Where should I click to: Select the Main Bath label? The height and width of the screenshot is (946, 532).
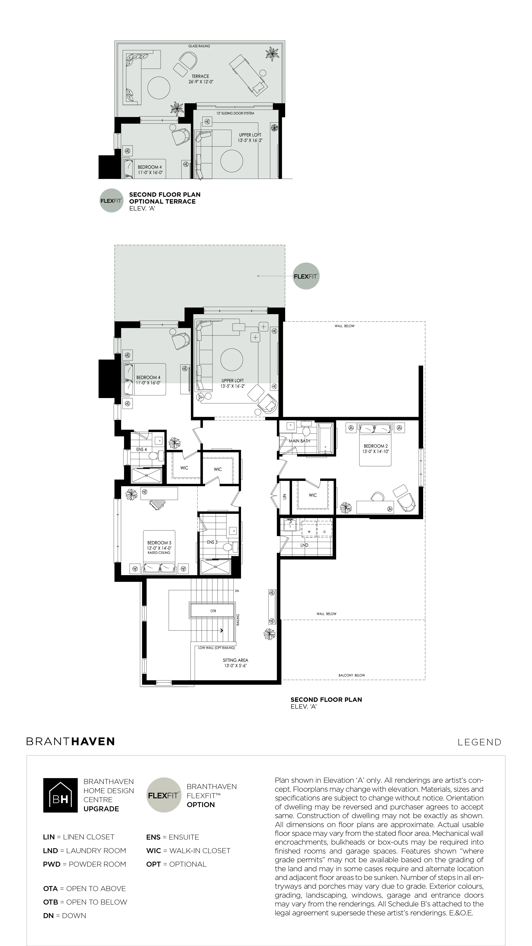pos(299,441)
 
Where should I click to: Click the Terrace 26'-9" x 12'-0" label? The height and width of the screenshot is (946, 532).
pos(200,79)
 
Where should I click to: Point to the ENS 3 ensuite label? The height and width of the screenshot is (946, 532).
pos(212,542)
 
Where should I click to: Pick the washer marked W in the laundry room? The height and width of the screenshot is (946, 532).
pos(309,531)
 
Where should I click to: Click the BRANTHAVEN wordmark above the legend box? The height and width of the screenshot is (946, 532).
pos(71,741)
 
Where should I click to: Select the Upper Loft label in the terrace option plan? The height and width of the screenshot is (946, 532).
pos(250,138)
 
